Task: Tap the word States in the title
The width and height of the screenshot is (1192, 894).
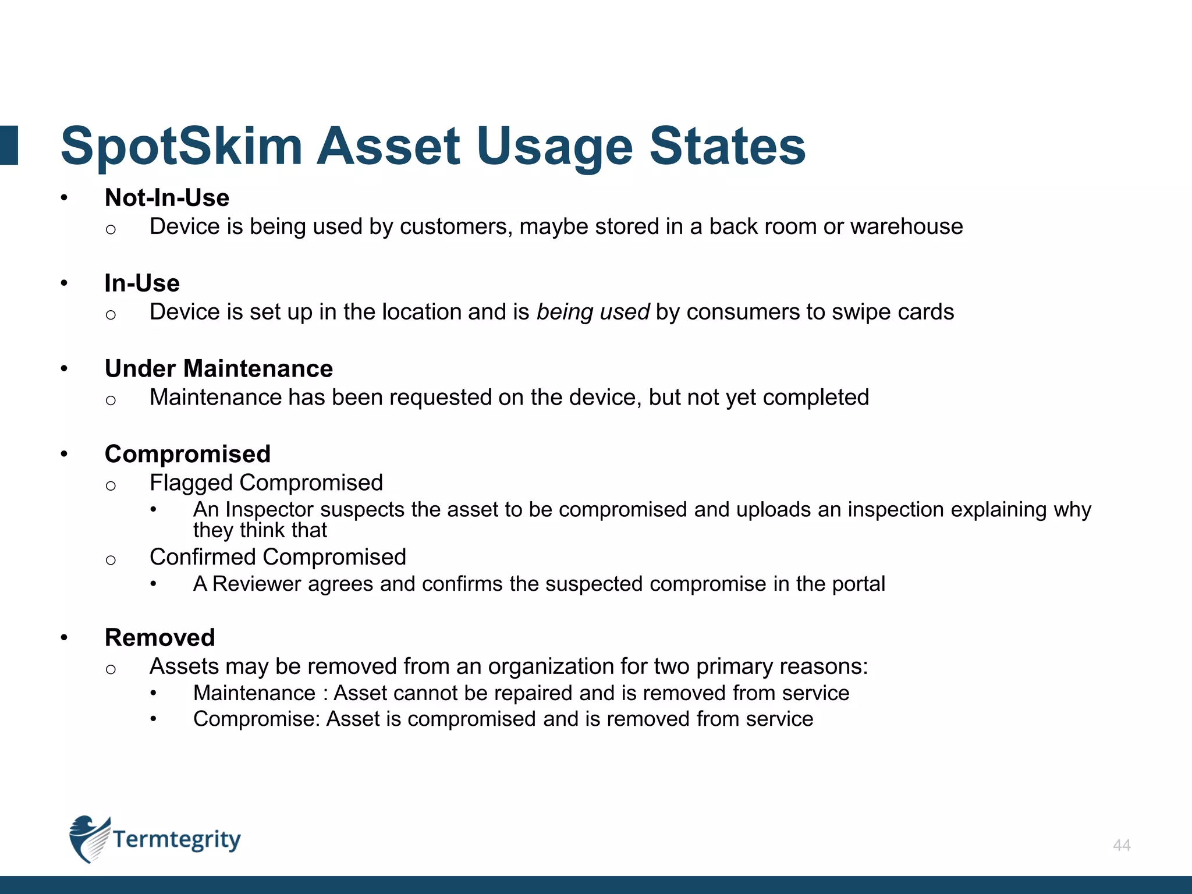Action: tap(727, 146)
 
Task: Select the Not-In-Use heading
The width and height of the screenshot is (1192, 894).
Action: tap(167, 198)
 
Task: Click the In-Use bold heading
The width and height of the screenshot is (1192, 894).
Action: tap(142, 283)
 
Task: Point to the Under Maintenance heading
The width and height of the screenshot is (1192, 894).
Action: tap(219, 369)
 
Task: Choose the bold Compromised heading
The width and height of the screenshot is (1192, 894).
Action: tap(187, 454)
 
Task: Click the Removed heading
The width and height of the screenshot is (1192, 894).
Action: tap(160, 638)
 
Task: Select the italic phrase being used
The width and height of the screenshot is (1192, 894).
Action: tap(593, 312)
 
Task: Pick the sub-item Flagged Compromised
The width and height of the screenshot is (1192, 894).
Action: tap(266, 483)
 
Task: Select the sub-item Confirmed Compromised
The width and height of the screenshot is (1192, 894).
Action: tap(278, 557)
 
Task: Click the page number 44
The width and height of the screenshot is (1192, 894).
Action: tap(1122, 845)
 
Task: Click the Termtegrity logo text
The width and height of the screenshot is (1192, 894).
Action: tap(176, 839)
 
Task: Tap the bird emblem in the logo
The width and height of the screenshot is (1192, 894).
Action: tap(88, 838)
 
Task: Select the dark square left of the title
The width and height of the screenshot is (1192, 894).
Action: tap(9, 146)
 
